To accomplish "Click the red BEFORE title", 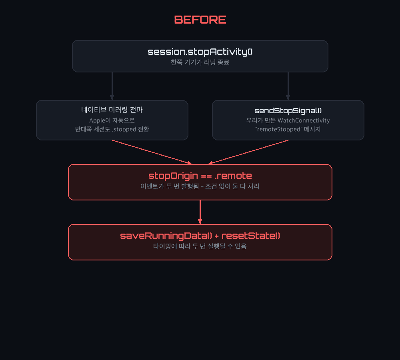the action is pos(200,20).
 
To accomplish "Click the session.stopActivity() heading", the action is pos(200,52).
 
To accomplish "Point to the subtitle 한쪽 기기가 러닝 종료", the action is pos(200,62).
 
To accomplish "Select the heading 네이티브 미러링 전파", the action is pos(112,110).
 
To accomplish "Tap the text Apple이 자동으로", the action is pos(112,120).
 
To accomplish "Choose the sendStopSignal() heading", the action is pos(288,111).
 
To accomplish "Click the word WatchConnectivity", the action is pos(304,120).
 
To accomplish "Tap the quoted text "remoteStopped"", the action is pos(278,129).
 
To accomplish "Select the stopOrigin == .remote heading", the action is pos(200,176).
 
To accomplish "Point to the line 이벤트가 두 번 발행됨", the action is pos(170,186).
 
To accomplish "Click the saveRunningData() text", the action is pos(166,236).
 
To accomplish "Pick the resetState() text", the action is pos(251,236).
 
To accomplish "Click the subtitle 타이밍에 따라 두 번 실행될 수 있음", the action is pos(200,246).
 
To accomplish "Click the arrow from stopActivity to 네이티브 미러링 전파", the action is pos(112,86).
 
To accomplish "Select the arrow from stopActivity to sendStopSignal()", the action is pos(288,86).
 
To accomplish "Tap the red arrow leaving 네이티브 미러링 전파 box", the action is pos(152,152).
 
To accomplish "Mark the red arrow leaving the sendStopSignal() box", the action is pos(248,152).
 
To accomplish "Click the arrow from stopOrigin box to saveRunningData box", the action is pos(200,212).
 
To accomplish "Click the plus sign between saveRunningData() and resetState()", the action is pos(217,236).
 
